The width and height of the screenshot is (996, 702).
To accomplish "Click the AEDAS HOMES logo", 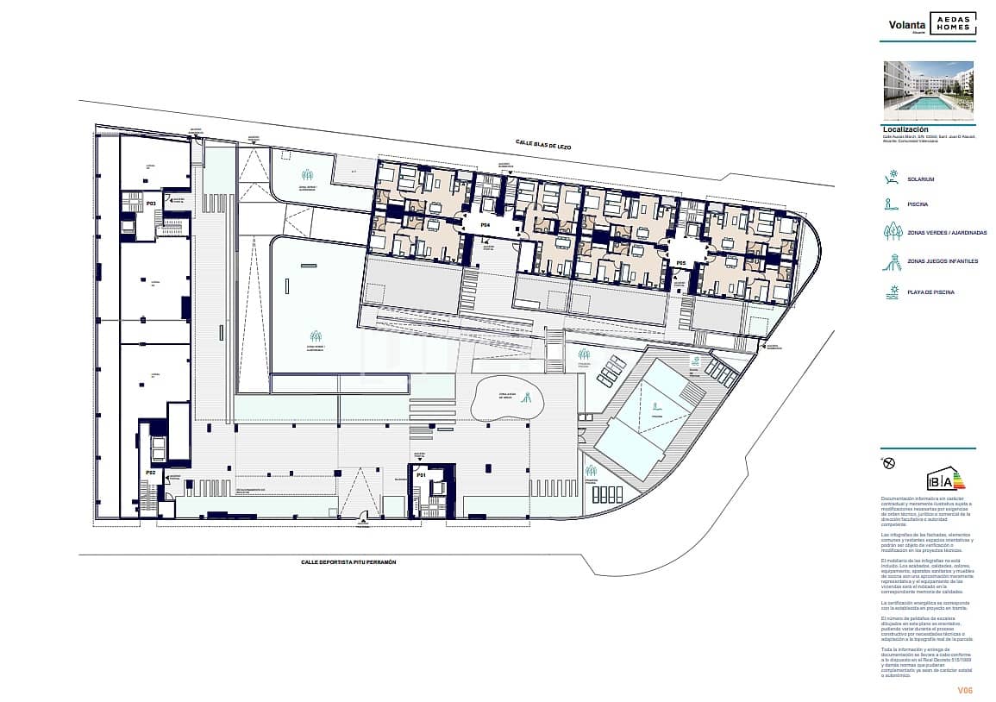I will click(953, 24).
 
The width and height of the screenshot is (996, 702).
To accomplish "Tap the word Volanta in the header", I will click(907, 25).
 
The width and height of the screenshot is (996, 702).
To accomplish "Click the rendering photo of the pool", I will click(929, 91).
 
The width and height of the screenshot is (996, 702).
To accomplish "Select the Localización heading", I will click(905, 129).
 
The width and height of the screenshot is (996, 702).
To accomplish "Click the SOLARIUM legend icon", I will click(892, 179).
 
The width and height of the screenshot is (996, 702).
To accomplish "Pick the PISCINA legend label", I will click(917, 205).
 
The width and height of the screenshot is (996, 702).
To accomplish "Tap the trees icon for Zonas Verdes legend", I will click(892, 232).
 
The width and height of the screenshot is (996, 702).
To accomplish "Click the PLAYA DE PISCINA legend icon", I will click(892, 291).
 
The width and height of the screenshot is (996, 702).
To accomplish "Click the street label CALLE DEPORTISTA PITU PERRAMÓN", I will click(348, 561).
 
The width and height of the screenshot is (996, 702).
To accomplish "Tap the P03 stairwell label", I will click(150, 204).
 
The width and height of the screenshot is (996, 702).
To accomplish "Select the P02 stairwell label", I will click(150, 473).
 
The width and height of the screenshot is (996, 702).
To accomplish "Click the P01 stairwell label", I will click(422, 475).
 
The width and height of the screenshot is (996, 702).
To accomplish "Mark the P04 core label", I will click(485, 225).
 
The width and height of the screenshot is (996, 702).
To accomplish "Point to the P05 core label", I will click(680, 263).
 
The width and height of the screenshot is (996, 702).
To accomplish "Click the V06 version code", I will click(965, 690).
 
